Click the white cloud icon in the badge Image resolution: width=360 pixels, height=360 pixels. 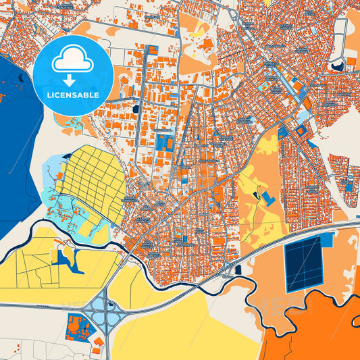[73, 61]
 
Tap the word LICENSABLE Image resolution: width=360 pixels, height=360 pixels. [73, 95]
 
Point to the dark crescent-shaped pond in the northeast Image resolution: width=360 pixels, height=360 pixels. [336, 65]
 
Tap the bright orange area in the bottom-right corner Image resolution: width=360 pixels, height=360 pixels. [317, 338]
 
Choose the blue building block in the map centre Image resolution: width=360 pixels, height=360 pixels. [164, 142]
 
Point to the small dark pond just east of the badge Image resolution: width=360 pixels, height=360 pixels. [136, 108]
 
